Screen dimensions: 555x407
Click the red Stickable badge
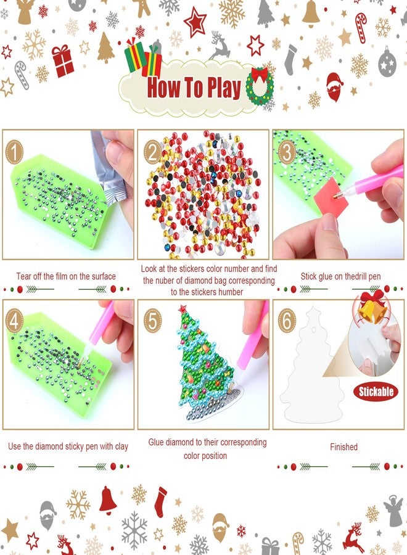click(376, 391)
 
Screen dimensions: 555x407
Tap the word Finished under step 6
click(343, 447)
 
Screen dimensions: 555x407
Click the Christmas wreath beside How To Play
click(259, 85)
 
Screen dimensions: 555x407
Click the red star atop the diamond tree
click(183, 308)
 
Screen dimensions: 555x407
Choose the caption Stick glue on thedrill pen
click(340, 276)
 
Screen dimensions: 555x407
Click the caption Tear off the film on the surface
click(66, 276)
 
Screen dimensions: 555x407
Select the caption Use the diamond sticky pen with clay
click(68, 446)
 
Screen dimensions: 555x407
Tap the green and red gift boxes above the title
click(143, 57)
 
